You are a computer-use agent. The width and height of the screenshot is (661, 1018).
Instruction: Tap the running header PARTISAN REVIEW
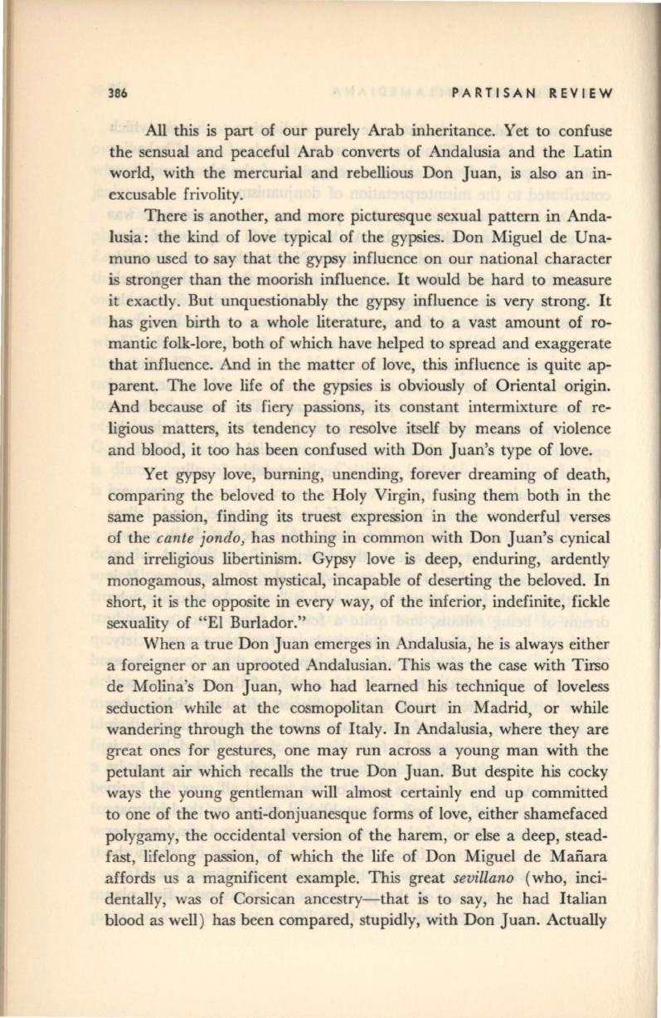coord(528,93)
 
